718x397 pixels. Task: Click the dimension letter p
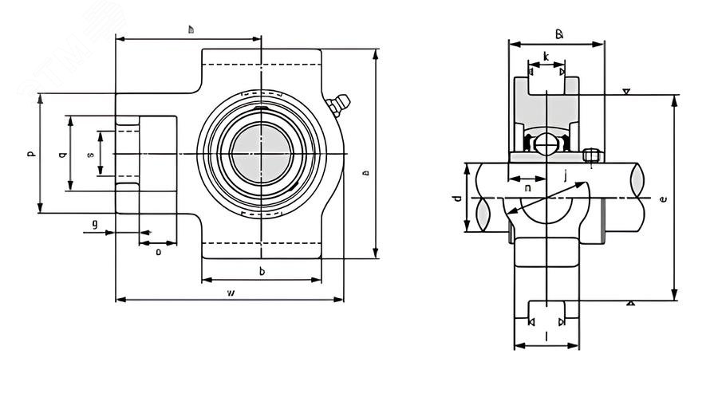pos(31,153)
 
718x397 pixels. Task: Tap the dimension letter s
pos(90,153)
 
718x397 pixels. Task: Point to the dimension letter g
pos(95,224)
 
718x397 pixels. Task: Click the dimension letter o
pos(158,252)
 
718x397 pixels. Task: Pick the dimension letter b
pos(262,272)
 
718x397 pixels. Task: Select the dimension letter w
pos(231,293)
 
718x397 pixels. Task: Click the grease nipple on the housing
pos(338,103)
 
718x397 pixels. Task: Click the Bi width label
pos(559,34)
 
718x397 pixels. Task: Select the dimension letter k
pos(545,56)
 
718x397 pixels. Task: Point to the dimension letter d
pos(457,197)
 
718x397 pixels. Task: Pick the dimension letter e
pos(664,198)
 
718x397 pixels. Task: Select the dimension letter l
pos(546,337)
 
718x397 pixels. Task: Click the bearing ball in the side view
pos(546,144)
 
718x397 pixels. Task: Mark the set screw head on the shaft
pos(591,155)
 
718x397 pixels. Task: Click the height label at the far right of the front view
pos(365,171)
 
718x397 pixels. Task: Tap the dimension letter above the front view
pos(191,29)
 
